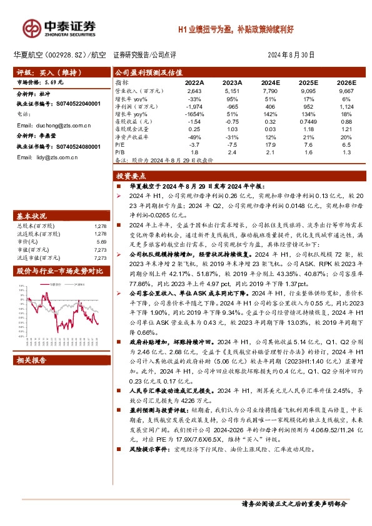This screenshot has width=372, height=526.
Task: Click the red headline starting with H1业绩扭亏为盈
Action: point(249,29)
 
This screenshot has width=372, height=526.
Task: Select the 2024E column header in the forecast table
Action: point(270,82)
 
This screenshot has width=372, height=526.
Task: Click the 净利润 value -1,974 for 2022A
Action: point(194,106)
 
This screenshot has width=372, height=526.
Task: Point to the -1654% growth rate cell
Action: point(194,114)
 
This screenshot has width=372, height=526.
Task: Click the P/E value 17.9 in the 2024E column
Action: point(270,144)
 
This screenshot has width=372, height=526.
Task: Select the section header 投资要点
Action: point(133,176)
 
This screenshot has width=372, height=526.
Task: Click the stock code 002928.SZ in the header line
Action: point(67,55)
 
